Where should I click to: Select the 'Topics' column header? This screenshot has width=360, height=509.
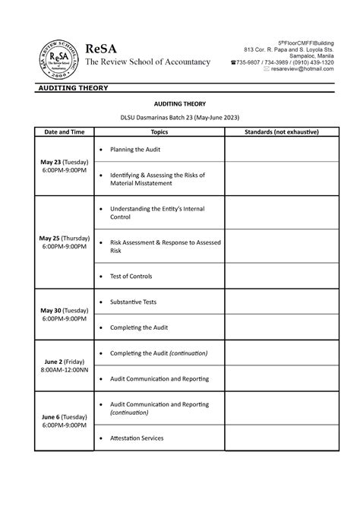(x=159, y=132)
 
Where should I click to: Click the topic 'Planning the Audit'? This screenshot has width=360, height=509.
(x=141, y=150)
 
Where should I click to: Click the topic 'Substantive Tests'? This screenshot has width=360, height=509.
(x=134, y=302)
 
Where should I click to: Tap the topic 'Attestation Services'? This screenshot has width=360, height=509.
(x=137, y=438)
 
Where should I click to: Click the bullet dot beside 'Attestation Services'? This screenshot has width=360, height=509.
(x=102, y=438)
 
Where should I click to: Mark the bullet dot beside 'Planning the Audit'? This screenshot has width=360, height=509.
(x=102, y=150)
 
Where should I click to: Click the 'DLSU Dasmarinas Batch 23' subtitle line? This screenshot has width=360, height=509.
(x=179, y=117)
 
